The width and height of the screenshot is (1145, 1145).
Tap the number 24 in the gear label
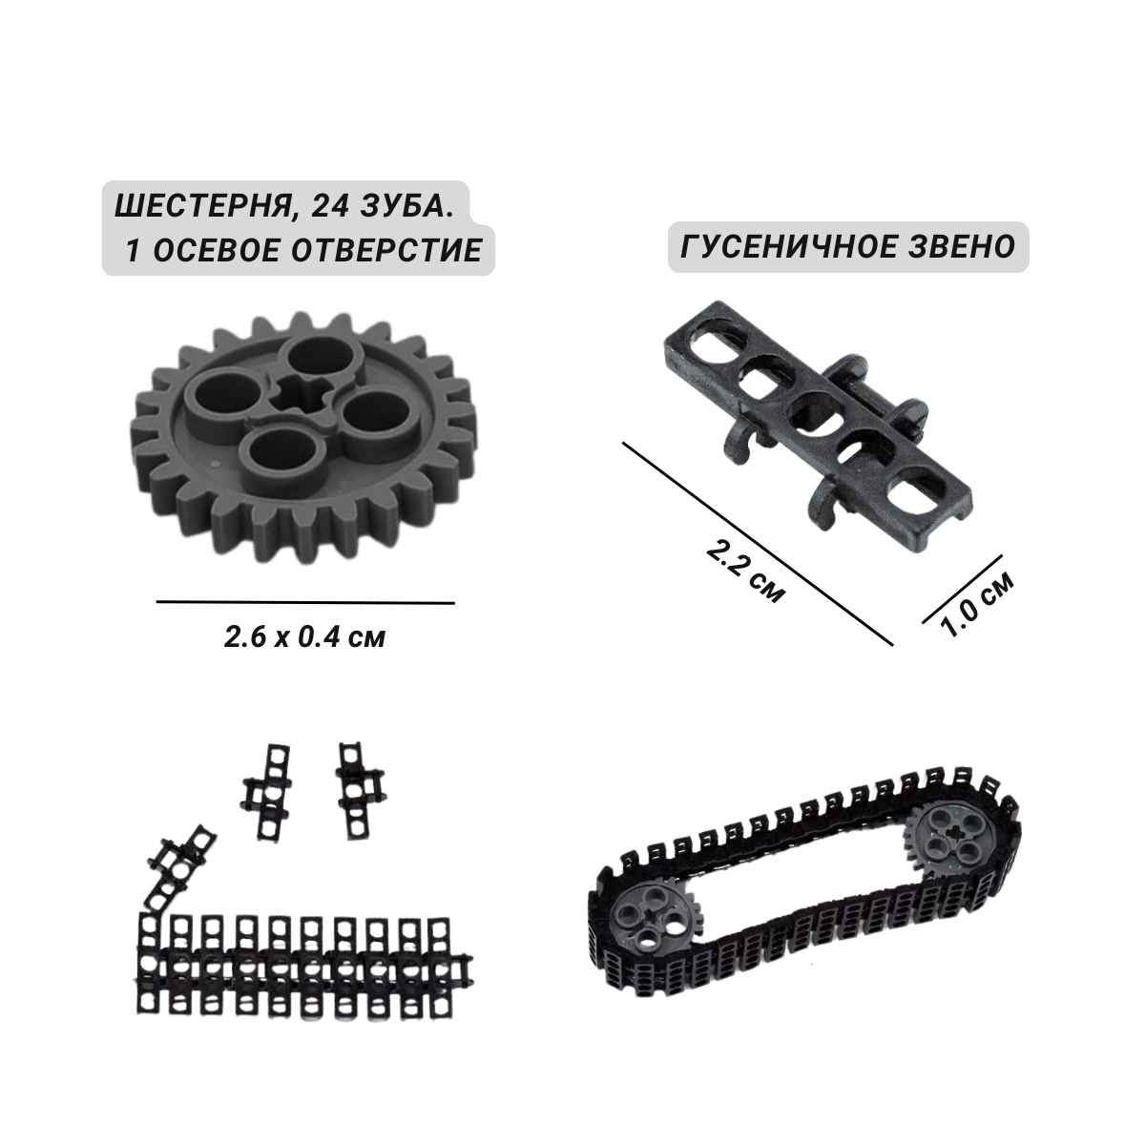(x=323, y=209)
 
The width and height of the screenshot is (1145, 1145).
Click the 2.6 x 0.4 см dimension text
(x=304, y=638)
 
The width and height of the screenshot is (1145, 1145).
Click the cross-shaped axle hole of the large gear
(x=302, y=397)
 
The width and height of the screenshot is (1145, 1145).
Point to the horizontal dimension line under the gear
(x=305, y=602)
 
